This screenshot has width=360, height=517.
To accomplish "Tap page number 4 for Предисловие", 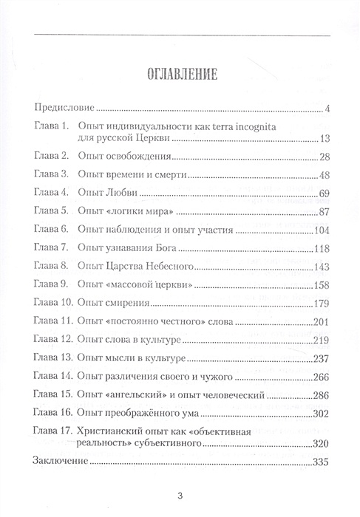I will (326, 110).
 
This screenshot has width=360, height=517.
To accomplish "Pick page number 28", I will (322, 157).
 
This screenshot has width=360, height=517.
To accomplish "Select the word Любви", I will (118, 194).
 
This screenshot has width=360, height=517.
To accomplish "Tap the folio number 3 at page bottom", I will (180, 495).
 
